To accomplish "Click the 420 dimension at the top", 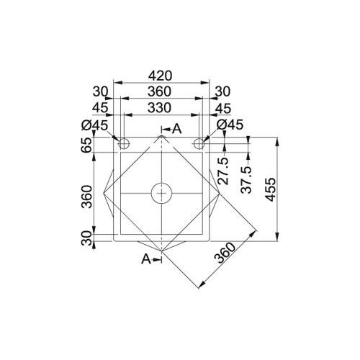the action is click(160, 76).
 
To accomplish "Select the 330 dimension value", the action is click(159, 108).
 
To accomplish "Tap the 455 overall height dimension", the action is click(271, 189).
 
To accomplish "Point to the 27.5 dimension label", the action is click(223, 171).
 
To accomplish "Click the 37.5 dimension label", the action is click(246, 180).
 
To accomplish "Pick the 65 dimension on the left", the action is click(87, 145).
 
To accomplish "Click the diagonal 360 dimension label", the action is click(225, 253).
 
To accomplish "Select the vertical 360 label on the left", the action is click(87, 197).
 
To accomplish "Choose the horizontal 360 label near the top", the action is click(159, 91).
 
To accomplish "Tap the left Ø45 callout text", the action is click(95, 125).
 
